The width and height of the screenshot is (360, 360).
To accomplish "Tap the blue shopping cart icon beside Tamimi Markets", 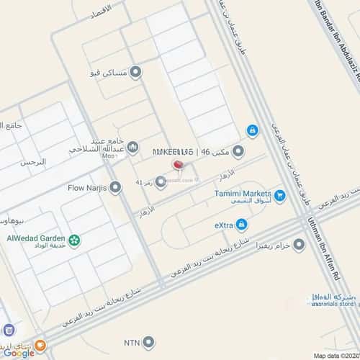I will pyautogui.click(x=279, y=194).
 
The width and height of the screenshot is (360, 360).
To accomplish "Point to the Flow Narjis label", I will pyautogui.click(x=86, y=189).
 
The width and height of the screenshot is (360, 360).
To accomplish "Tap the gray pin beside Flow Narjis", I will pyautogui.click(x=114, y=189).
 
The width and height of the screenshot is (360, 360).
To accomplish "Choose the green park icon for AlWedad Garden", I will pyautogui.click(x=74, y=240).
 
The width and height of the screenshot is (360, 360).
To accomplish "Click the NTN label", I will pyautogui.click(x=131, y=342).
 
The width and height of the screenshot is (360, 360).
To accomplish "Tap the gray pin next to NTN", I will pyautogui.click(x=149, y=342).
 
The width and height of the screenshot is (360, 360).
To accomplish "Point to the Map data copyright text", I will pyautogui.click(x=333, y=355).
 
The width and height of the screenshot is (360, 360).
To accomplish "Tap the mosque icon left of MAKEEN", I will pyautogui.click(x=133, y=148).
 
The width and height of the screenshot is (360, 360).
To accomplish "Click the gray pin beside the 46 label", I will pyautogui.click(x=238, y=152).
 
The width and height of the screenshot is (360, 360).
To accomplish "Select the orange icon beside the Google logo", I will pyautogui.click(x=41, y=346).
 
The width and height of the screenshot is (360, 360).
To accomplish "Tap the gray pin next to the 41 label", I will pyautogui.click(x=161, y=181).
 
